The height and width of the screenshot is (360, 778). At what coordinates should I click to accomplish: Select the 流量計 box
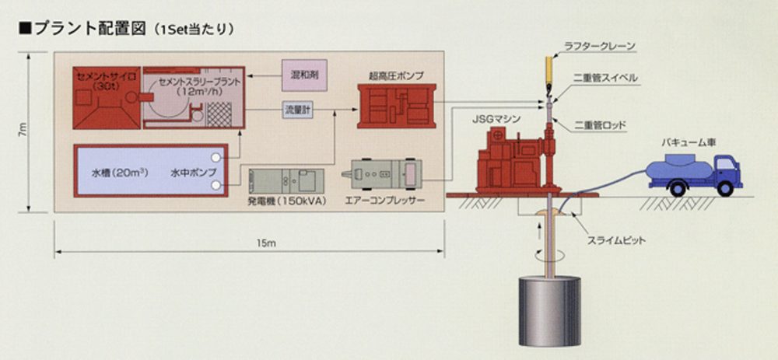pos(296,110)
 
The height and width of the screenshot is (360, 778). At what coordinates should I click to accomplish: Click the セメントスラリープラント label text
pos(190,80)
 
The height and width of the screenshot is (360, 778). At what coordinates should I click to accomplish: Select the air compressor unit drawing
pos(387,173)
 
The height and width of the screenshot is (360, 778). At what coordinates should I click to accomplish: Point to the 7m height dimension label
pos(23,132)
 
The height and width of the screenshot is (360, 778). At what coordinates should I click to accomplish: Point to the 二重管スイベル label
pos(606,78)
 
